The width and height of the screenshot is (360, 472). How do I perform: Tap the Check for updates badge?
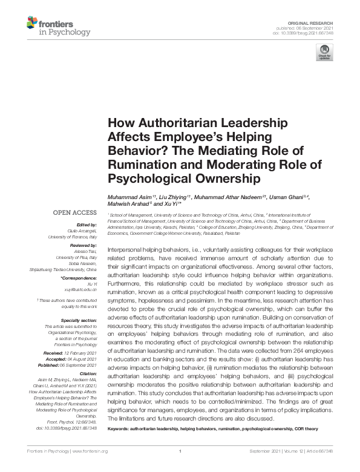325,53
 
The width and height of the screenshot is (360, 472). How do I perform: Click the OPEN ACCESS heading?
74,212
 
